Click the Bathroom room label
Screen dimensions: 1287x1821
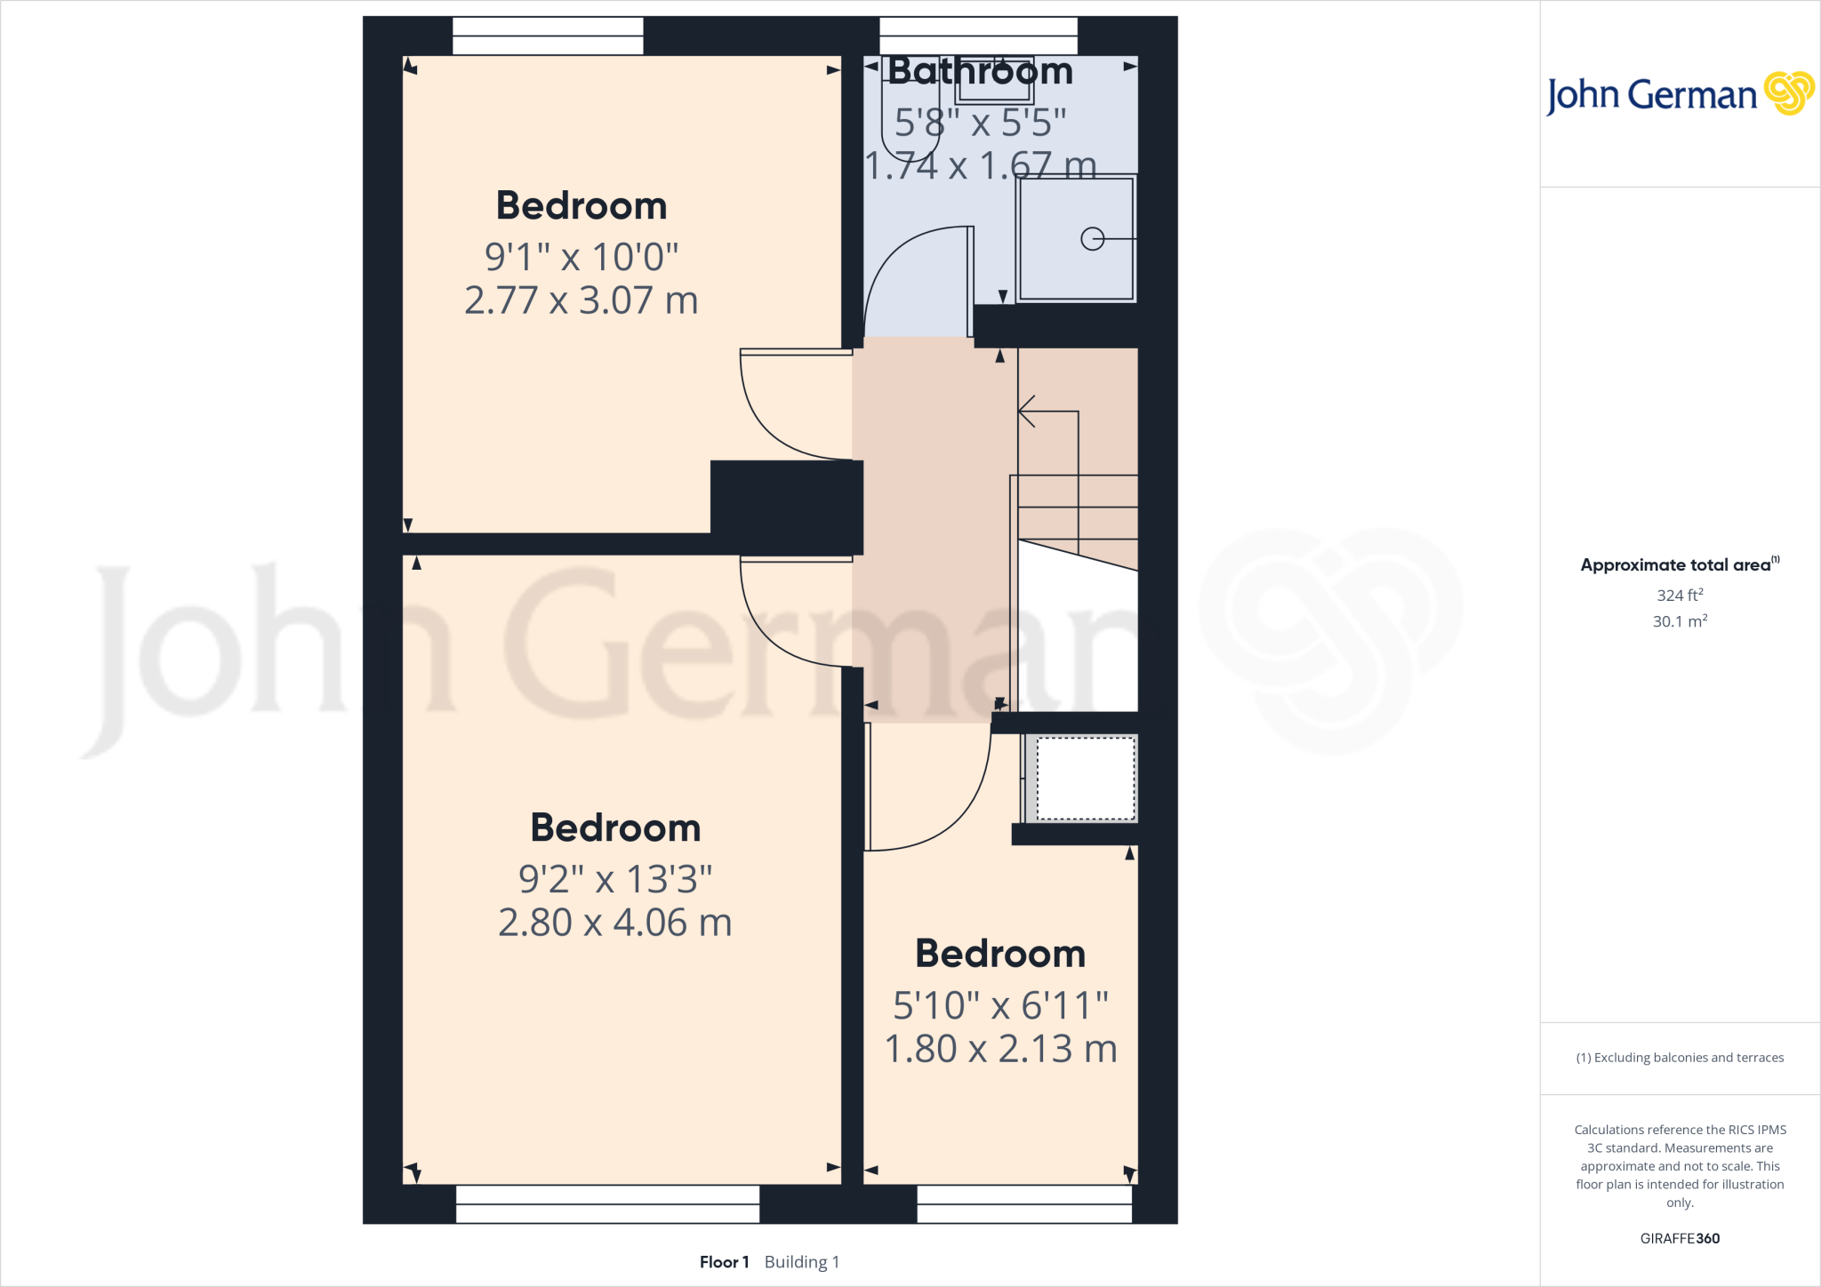click(x=980, y=71)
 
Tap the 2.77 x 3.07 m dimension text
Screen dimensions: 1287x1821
click(x=581, y=300)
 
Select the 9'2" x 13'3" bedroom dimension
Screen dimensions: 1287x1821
click(x=615, y=879)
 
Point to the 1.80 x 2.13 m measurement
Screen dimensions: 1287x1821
click(x=1000, y=1049)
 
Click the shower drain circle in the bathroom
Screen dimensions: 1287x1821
click(x=1092, y=238)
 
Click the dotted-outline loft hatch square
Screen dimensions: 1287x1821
click(x=1086, y=779)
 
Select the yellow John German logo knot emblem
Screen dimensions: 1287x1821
click(x=1789, y=93)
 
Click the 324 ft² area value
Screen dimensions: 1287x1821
click(x=1680, y=595)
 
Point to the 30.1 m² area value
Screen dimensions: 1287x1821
click(x=1680, y=621)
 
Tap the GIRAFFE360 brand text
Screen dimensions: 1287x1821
click(x=1680, y=1238)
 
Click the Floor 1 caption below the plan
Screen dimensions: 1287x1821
click(x=724, y=1262)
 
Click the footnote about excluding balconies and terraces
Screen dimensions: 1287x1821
click(x=1680, y=1058)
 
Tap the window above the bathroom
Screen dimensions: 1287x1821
click(x=978, y=36)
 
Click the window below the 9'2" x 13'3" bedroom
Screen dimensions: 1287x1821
click(x=607, y=1204)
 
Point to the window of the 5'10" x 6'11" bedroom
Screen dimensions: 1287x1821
click(x=1024, y=1204)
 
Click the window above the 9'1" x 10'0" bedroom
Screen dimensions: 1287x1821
click(x=548, y=36)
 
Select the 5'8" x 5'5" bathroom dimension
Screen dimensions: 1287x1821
click(x=980, y=123)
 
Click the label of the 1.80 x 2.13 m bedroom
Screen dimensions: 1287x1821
click(x=1000, y=954)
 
